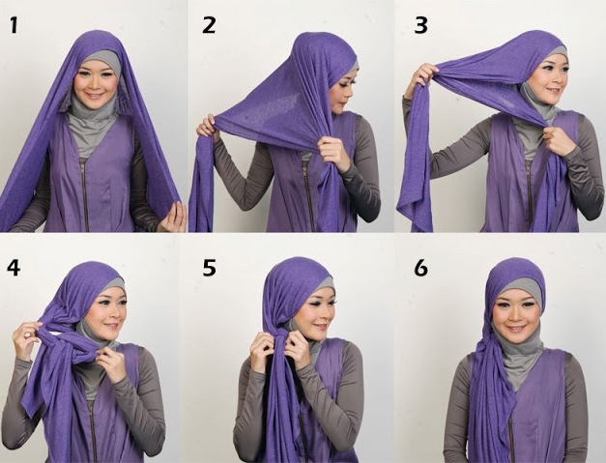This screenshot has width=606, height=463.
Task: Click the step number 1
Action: (14, 25)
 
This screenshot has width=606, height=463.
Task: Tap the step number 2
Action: (209, 25)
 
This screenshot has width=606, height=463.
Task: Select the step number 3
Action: (420, 25)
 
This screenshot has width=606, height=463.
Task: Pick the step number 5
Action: (209, 267)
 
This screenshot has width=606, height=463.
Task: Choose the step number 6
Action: (420, 267)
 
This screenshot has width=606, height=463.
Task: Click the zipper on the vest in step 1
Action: (84, 188)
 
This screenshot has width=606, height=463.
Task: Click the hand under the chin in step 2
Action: (334, 153)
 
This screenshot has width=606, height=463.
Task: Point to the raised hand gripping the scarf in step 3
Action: (422, 75)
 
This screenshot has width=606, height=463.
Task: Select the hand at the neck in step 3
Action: (560, 140)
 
